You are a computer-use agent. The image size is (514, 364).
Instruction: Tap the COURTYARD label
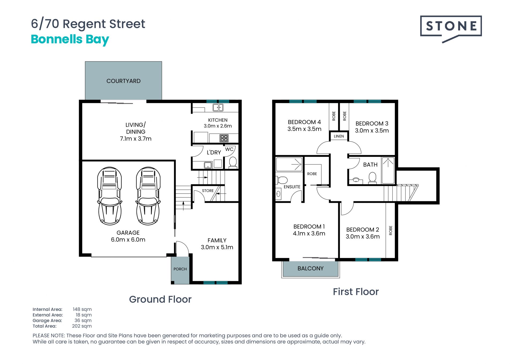point(123,81)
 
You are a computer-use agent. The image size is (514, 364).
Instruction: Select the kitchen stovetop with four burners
point(224,138)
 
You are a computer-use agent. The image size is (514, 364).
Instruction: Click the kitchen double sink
point(218,108)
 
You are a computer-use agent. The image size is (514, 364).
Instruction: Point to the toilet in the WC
point(233,163)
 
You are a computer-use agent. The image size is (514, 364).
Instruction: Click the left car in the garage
point(110,196)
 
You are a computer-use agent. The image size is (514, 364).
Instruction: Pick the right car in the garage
point(148,196)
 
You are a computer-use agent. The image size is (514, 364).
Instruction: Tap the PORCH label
point(180,269)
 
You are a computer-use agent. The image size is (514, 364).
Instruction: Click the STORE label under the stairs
point(208,191)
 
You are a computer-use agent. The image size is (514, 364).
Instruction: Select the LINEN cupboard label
point(339,136)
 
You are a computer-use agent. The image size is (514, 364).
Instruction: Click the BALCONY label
point(311,269)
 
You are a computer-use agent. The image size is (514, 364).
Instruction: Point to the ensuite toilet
point(282,180)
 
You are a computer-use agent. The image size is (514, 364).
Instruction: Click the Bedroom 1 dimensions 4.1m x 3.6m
point(309,234)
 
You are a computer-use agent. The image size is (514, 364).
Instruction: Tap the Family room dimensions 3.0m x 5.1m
point(217,247)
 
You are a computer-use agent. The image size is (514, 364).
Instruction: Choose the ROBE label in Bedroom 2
point(391,230)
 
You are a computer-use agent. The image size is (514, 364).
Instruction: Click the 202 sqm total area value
point(82,326)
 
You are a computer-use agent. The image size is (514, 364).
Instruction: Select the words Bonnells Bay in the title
point(70,39)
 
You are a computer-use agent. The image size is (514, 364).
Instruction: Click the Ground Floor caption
point(160,299)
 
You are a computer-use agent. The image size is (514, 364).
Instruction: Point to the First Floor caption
point(356,292)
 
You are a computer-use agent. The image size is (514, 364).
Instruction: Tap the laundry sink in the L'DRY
point(208,165)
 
